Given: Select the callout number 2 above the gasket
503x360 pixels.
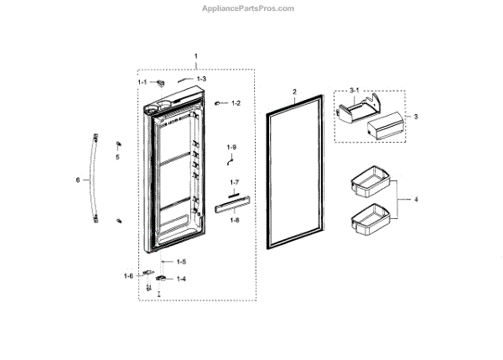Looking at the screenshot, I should (294, 90).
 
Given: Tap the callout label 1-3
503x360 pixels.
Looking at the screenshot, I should (201, 78).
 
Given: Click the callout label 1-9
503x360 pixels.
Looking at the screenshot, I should (231, 148).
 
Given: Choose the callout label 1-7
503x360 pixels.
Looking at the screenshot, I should (235, 182).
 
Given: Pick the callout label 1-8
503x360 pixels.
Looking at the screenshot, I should (235, 220).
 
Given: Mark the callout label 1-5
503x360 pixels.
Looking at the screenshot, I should (181, 262).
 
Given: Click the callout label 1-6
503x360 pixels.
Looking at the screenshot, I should (128, 275).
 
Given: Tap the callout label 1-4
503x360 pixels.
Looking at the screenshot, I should (181, 279).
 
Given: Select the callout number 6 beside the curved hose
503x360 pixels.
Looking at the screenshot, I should (77, 180).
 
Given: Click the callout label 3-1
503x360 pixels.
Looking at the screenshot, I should (355, 90).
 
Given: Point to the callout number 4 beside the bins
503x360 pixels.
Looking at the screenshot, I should (417, 199).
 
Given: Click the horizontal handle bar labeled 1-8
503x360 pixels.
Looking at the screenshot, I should (225, 206).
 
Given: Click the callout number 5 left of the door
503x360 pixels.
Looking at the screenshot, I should (117, 156).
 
